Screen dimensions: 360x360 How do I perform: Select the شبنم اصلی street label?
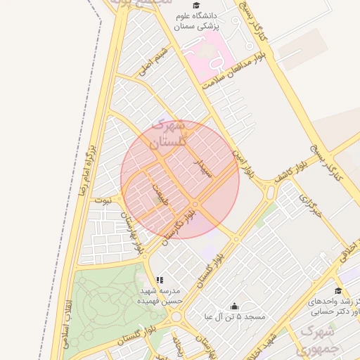click(x=154, y=62)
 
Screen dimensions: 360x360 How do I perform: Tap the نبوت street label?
click(x=103, y=200)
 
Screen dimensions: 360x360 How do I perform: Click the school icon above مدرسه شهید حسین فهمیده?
click(x=160, y=280)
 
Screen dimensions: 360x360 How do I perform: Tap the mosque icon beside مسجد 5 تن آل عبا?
click(x=234, y=307)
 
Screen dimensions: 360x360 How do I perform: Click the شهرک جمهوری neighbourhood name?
click(x=321, y=338)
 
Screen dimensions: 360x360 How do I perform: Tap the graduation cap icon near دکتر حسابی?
click(x=337, y=290)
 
